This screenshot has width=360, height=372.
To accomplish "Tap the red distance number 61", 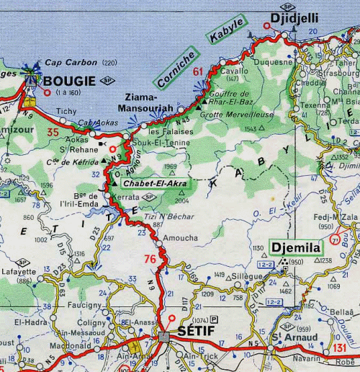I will point(199,71).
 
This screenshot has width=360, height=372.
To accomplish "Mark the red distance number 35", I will point(53,132).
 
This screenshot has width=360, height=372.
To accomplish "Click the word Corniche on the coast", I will point(176,68).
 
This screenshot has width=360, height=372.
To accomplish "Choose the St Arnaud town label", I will point(294,337).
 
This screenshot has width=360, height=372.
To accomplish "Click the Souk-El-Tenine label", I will point(170,143).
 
